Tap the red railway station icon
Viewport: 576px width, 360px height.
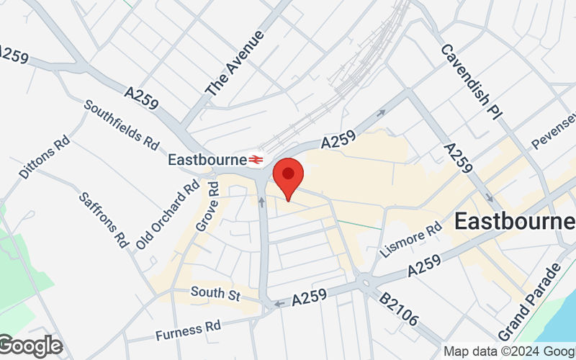coord(256,159)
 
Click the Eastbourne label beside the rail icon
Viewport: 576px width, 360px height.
coord(207,159)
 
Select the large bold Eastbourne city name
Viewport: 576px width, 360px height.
coord(514,222)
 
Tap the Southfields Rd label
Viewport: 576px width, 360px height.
coord(121,123)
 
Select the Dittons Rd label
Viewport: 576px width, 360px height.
coord(44,156)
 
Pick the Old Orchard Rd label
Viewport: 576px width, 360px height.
coord(166,214)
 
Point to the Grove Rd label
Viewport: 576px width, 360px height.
coord(207,206)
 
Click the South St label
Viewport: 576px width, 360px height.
coord(215,292)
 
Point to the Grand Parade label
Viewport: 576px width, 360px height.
coord(529,302)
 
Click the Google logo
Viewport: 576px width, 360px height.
coord(31,346)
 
